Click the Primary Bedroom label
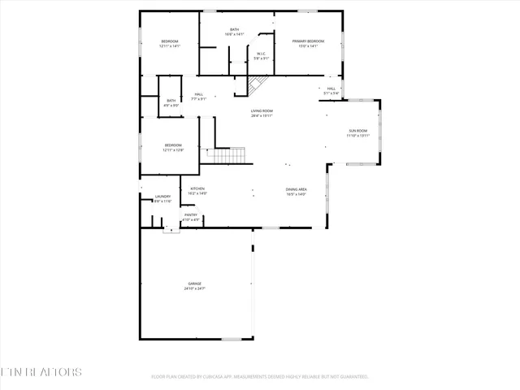tap(308, 41)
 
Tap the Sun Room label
tap(357, 131)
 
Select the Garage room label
tap(195, 284)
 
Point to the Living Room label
tap(261, 110)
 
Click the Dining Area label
tap(296, 189)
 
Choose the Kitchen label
tap(197, 188)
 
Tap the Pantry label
tap(190, 214)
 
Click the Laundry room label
tap(162, 197)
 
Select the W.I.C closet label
tap(262, 54)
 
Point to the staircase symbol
tap(228, 154)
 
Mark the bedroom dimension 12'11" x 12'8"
tap(173, 150)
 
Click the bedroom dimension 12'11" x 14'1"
tap(169, 46)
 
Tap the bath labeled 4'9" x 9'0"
tap(171, 103)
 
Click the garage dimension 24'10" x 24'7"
tap(195, 288)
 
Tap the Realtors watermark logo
tap(41, 372)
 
